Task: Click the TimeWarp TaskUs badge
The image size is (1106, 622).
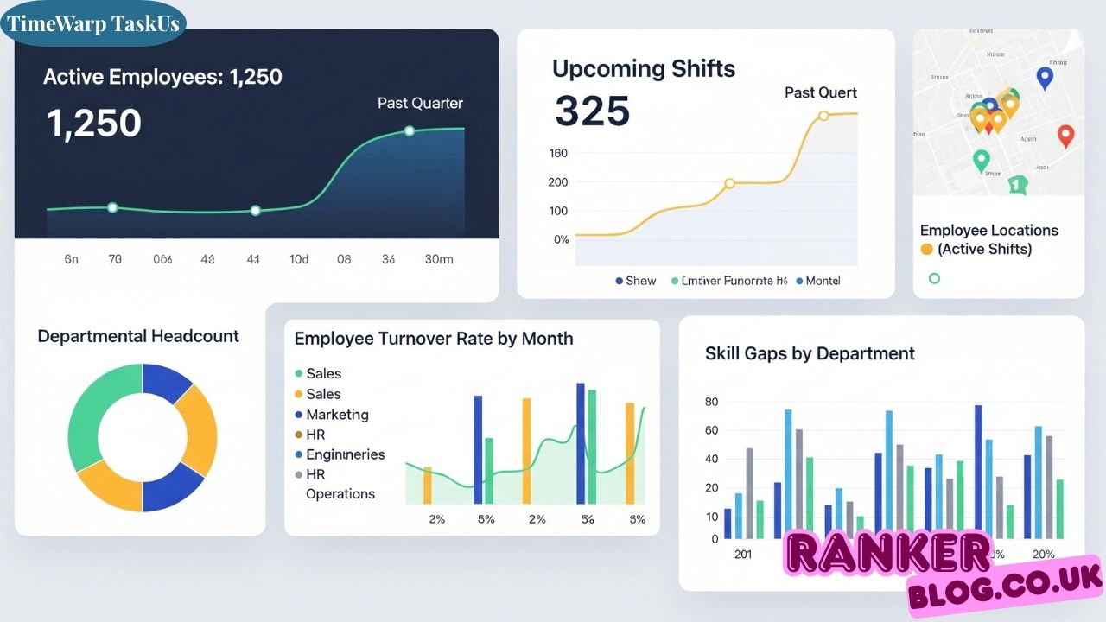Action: tap(93, 23)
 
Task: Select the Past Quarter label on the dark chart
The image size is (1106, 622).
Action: tap(420, 103)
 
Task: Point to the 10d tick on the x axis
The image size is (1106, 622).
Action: tap(299, 259)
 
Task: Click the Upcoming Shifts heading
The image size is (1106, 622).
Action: tap(644, 69)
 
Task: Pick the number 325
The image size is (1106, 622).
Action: tap(592, 111)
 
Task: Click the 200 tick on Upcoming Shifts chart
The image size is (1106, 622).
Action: tap(558, 182)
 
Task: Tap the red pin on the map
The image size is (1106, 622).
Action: tap(1065, 135)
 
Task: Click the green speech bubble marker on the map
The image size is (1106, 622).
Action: tap(1017, 184)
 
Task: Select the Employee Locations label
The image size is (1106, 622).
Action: tap(988, 231)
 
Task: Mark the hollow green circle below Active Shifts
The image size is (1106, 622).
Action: tap(933, 278)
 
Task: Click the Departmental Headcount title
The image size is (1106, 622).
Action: tap(138, 336)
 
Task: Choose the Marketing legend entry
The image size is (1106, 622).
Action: tap(337, 415)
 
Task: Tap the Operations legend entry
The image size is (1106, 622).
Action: tap(340, 494)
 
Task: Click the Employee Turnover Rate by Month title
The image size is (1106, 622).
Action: tap(433, 339)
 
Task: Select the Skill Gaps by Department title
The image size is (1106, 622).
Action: tap(810, 353)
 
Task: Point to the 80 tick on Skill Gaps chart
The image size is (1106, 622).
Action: tap(711, 402)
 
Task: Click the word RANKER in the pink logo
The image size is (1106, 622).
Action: tap(888, 555)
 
